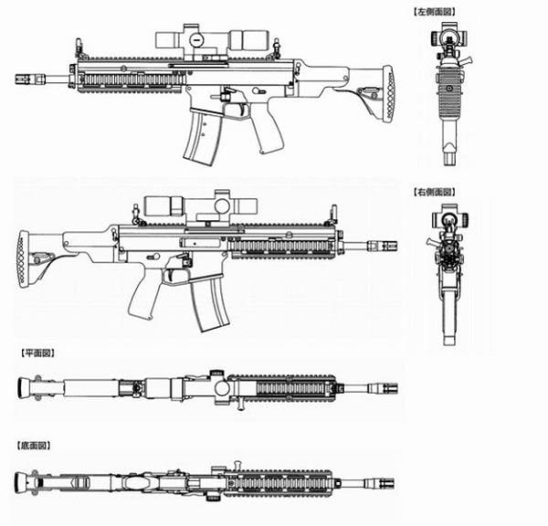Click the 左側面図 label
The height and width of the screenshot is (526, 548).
[x=435, y=12]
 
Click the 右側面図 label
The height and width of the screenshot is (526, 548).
[x=435, y=192]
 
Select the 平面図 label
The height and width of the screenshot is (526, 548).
[x=38, y=353]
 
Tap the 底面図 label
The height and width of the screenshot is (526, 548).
[x=34, y=446]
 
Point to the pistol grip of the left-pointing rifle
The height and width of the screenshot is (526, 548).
[x=267, y=128]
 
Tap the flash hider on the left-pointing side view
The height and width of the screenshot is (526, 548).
[x=26, y=79]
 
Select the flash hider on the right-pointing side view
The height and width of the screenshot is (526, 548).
[x=386, y=245]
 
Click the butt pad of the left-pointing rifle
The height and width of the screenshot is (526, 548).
[x=389, y=94]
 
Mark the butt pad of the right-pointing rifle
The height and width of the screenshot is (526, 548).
[x=24, y=259]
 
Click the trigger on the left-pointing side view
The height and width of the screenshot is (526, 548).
[x=243, y=110]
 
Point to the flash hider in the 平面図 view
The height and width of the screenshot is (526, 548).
[x=387, y=389]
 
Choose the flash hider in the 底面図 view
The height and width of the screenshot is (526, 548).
[x=385, y=484]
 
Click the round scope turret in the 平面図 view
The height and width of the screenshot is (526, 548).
[x=222, y=388]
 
